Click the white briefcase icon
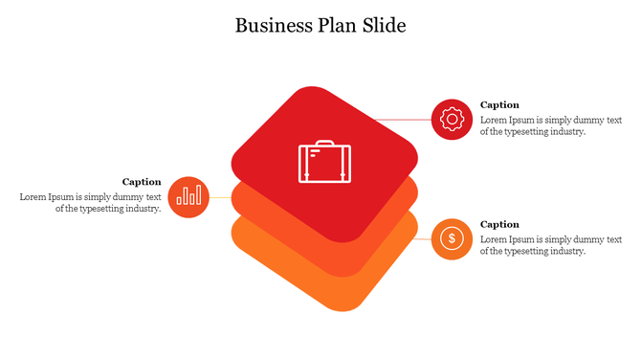click(x=324, y=162)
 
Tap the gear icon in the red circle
click(x=452, y=119)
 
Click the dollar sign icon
click(x=452, y=238)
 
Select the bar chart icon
click(x=188, y=196)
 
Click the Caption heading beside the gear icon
click(x=499, y=104)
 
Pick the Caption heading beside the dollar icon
click(x=499, y=224)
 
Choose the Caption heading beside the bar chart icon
click(x=142, y=181)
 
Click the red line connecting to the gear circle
click(x=402, y=120)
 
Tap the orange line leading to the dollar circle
click(x=425, y=238)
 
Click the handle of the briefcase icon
click(x=324, y=144)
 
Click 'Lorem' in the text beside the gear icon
click(x=495, y=121)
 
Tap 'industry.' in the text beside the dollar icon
click(x=564, y=251)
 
